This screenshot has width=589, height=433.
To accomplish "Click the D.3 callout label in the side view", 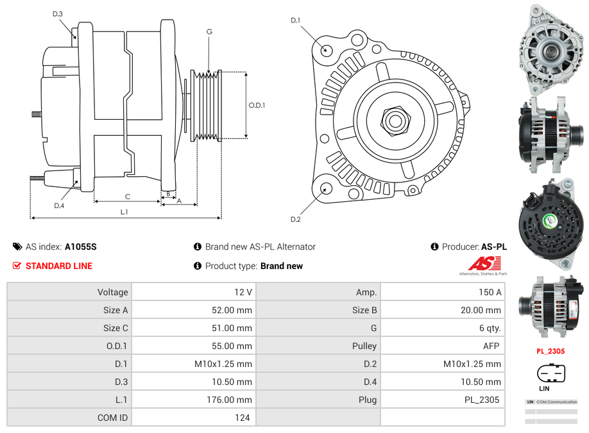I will tap(58, 13).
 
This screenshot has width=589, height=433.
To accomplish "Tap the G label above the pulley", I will tap(209, 31).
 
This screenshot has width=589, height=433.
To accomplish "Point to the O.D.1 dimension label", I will tap(257, 106).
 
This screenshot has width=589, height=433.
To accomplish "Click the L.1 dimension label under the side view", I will tap(124, 211).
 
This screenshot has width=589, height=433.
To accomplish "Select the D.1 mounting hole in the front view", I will tap(326, 49).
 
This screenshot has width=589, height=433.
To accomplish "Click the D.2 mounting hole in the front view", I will tap(326, 188).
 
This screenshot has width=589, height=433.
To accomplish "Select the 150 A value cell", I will tap(490, 292).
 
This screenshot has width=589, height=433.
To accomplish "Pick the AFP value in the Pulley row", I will tap(491, 346).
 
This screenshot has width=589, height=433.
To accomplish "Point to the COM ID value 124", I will tap(242, 418).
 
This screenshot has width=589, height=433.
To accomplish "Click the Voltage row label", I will tap(112, 292).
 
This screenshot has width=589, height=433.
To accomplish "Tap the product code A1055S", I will tap(80, 247).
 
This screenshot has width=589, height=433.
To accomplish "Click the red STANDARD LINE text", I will tap(59, 266).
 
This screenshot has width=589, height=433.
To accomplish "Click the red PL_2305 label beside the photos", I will tap(551, 351).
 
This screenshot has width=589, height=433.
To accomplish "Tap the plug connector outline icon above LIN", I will tap(551, 372).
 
